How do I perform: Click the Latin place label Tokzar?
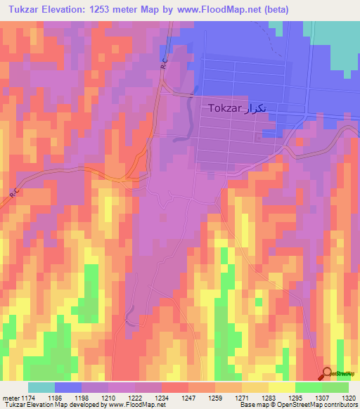coord(224,109)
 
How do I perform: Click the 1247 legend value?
coord(188,398)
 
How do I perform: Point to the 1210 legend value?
coord(108,398)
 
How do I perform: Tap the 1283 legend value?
coord(268,398)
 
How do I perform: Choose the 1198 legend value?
coord(81,398)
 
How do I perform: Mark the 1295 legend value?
coord(295,398)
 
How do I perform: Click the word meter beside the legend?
coord(10,398)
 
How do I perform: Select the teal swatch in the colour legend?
coord(41,387)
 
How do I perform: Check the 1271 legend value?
coord(241,398)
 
